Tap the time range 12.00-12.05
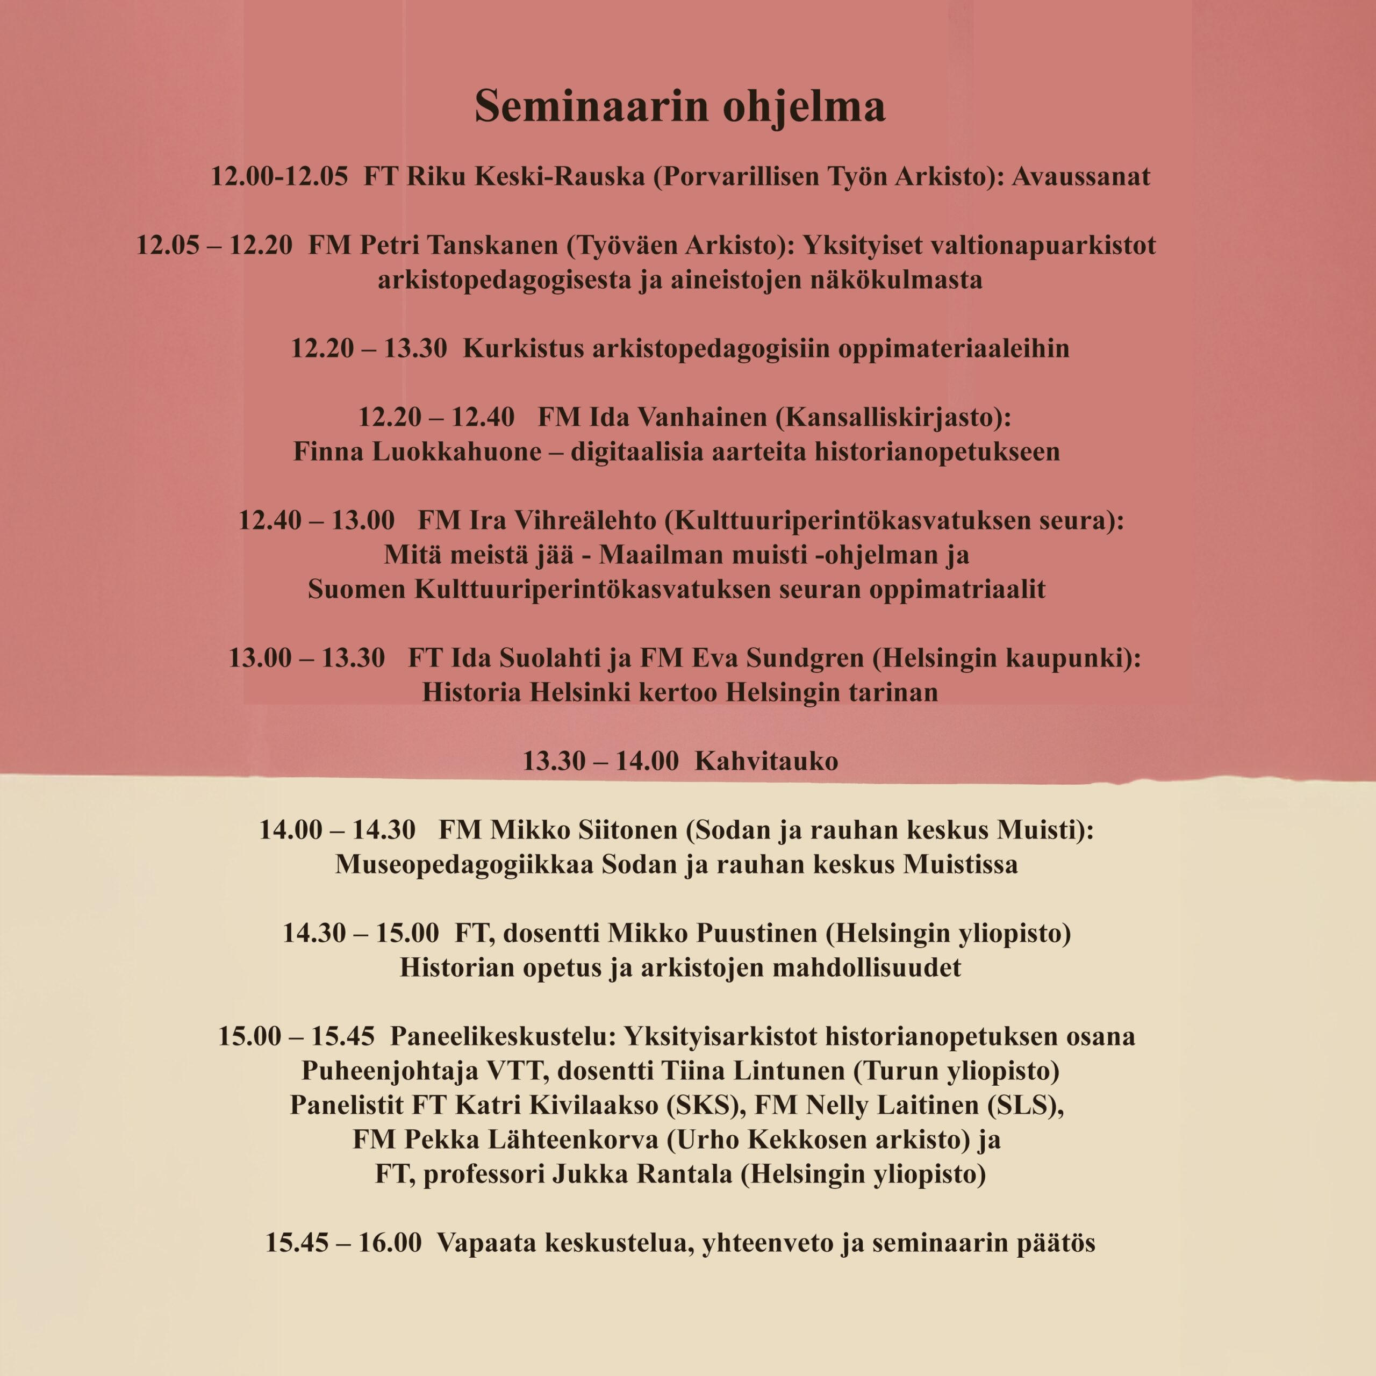pyautogui.click(x=279, y=176)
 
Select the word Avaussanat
pyautogui.click(x=1080, y=176)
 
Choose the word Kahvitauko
pyautogui.click(x=766, y=761)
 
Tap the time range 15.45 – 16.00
pyautogui.click(x=343, y=1243)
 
